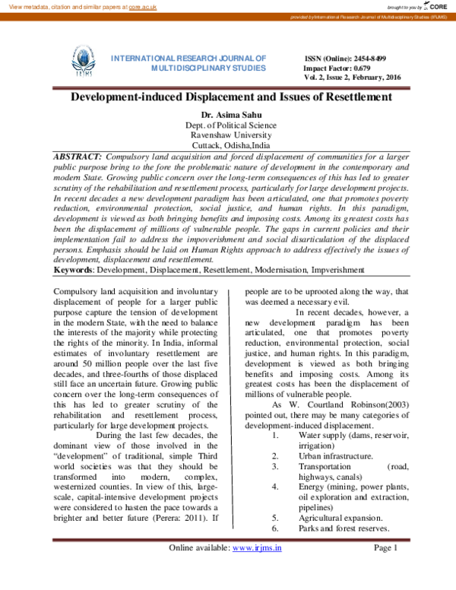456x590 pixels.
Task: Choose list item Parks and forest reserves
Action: pyautogui.click(x=333, y=528)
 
